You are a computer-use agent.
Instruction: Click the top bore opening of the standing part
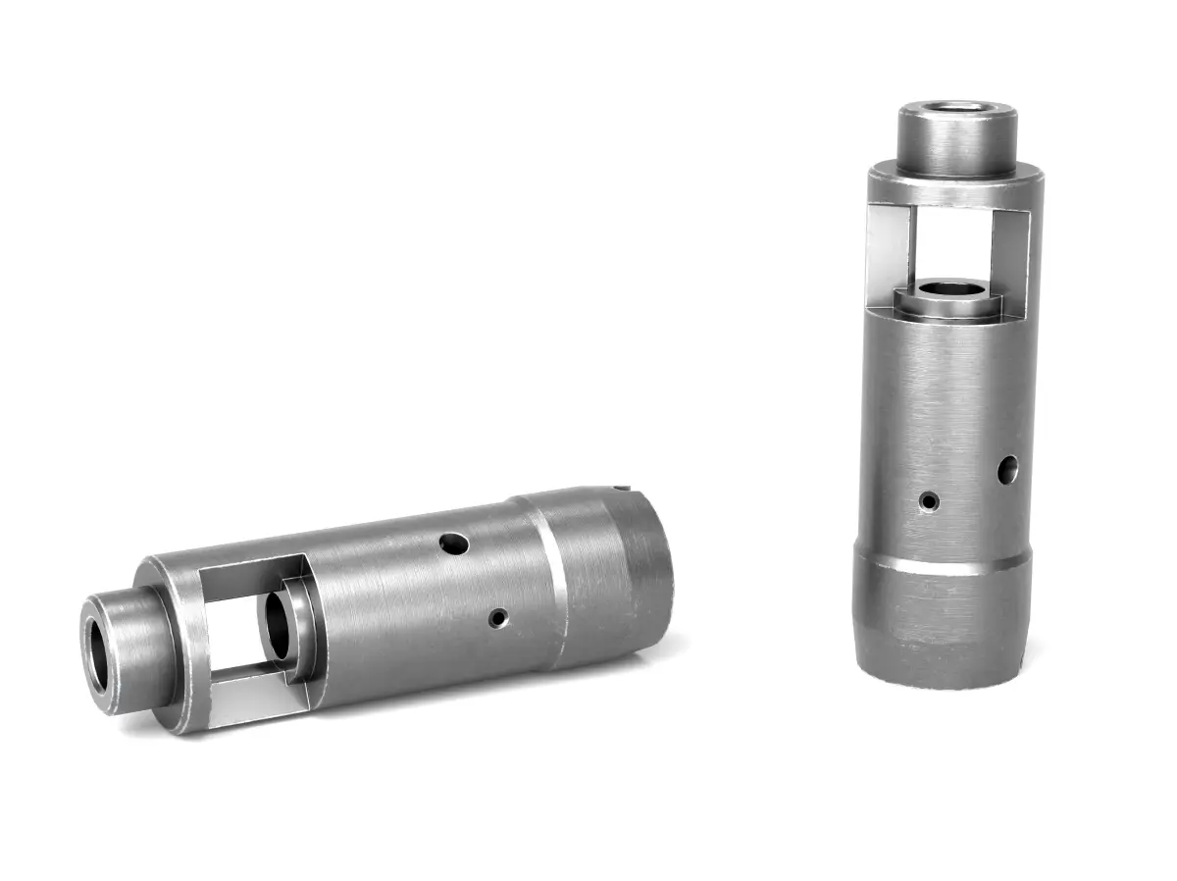[x=957, y=109]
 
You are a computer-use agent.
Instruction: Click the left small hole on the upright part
[x=929, y=501]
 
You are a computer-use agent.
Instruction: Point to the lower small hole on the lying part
[x=499, y=618]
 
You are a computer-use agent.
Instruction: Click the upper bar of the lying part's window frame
[x=250, y=570]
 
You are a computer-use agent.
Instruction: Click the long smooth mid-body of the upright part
[x=947, y=412]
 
